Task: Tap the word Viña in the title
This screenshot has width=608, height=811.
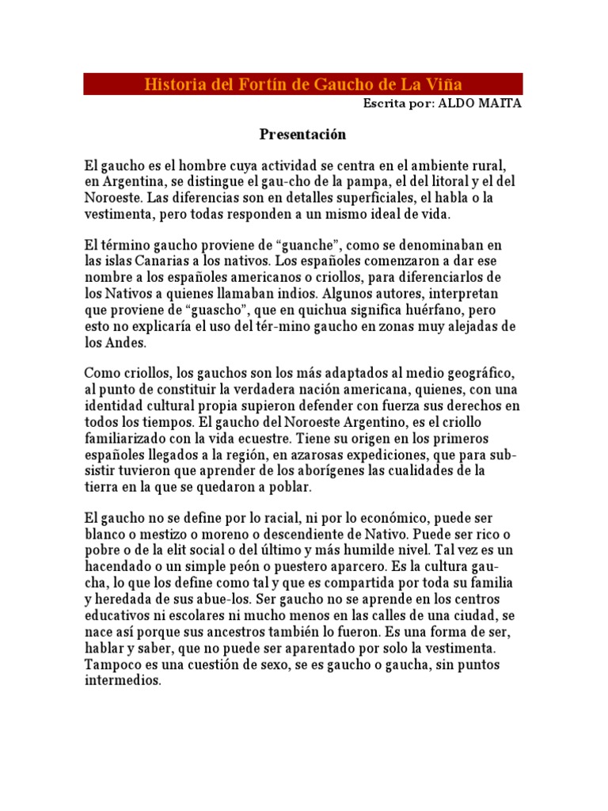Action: pos(444,84)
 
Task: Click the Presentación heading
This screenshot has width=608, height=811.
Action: pos(303,135)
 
